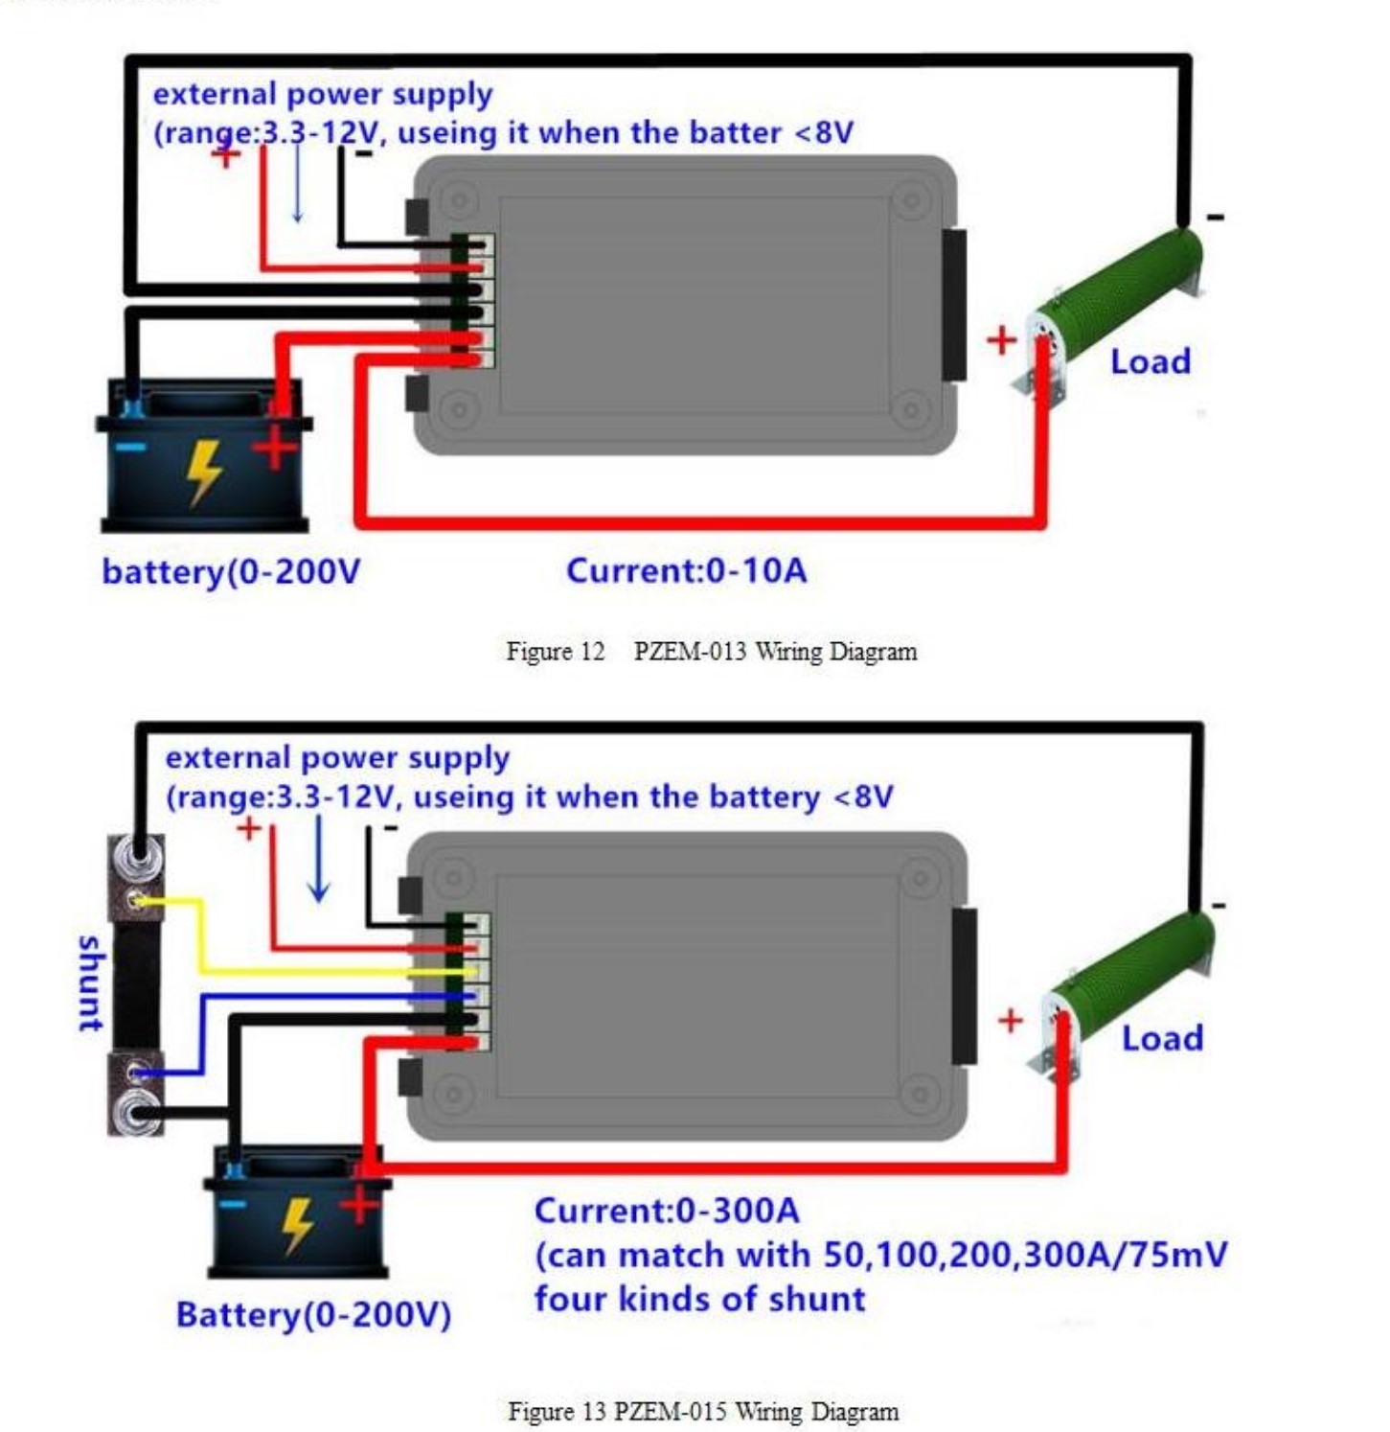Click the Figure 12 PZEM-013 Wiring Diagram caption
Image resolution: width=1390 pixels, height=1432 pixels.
[711, 652]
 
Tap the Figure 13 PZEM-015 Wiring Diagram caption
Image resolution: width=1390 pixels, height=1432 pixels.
[702, 1411]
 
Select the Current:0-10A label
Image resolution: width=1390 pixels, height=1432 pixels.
[686, 571]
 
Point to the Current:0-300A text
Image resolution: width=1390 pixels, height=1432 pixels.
[666, 1211]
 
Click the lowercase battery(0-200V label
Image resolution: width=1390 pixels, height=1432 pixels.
[231, 572]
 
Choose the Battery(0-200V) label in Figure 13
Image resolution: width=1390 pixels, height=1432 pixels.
[313, 1314]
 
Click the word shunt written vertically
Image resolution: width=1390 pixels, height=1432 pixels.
[89, 983]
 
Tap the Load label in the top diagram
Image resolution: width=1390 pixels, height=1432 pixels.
[1150, 362]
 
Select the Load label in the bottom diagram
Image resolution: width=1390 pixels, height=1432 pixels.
[1162, 1038]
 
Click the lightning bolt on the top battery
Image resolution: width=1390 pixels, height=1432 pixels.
[203, 471]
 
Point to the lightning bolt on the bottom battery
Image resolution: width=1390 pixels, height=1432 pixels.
[297, 1225]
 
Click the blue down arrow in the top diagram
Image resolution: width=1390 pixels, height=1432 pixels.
[297, 187]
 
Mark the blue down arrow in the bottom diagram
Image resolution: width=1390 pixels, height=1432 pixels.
[318, 859]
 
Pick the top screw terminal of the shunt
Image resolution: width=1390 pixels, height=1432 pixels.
[136, 849]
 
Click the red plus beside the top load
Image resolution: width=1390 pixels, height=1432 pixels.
[1001, 340]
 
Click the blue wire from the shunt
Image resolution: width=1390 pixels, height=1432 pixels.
[287, 997]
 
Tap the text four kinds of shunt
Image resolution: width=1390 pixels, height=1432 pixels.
[699, 1299]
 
